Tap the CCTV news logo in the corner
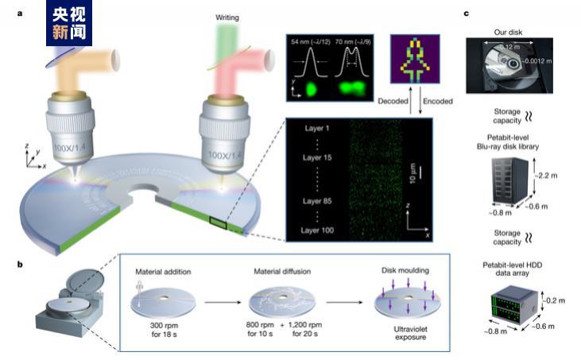coord(69,21)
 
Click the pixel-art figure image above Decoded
coord(413,60)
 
